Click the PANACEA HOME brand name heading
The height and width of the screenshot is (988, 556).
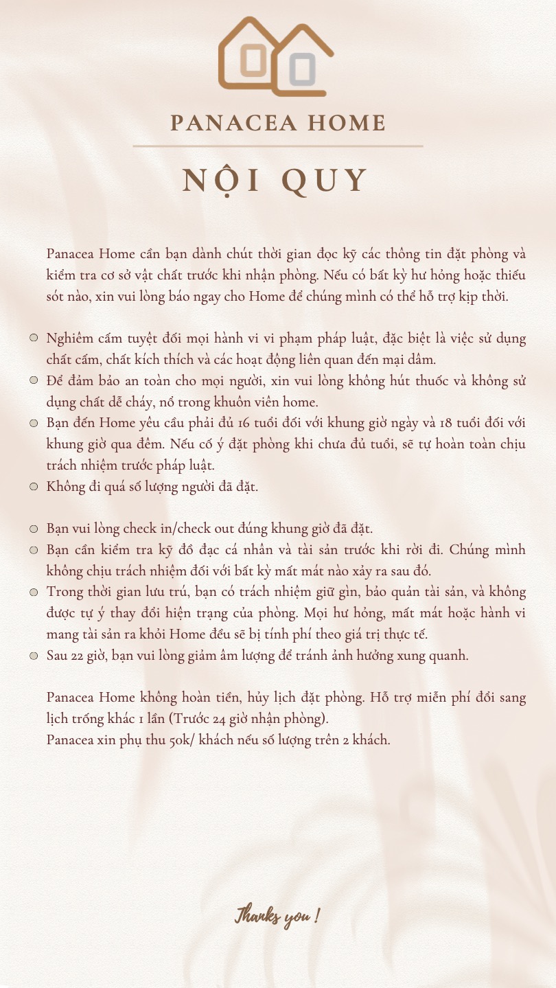277,124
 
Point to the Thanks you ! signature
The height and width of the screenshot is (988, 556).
277,915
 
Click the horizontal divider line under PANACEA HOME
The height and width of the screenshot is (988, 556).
277,146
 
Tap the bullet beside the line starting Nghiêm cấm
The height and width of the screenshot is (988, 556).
33,338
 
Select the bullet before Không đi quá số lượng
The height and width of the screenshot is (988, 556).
33,486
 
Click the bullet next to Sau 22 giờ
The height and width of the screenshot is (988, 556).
33,655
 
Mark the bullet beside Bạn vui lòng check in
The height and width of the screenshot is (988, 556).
33,529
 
